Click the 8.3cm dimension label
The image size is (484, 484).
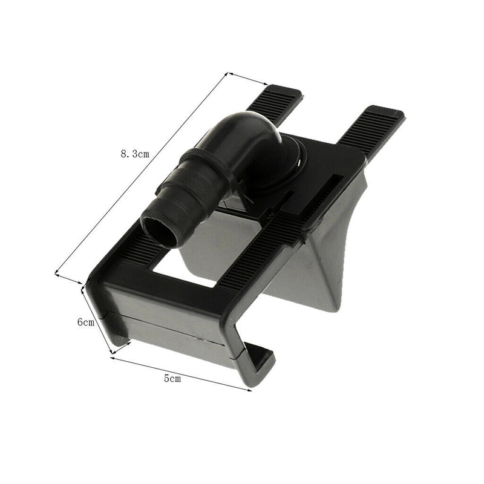click(135, 154)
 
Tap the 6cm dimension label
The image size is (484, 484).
click(85, 322)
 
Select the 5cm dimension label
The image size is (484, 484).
click(172, 379)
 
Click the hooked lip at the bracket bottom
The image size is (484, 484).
click(257, 366)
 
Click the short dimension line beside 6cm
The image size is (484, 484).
click(97, 321)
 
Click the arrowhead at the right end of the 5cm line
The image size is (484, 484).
click(249, 390)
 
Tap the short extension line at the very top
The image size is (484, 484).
click(247, 79)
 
